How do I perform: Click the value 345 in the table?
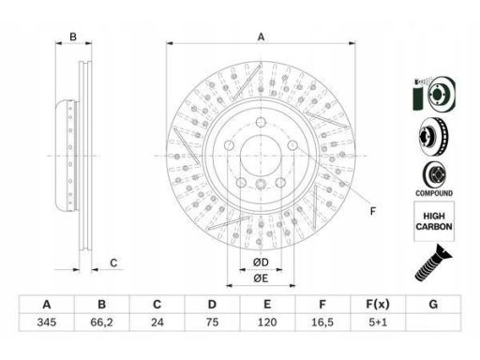(47, 322)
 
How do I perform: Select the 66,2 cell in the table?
(101, 322)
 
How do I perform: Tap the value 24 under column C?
(157, 322)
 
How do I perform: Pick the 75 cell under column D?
(212, 322)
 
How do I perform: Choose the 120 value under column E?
(267, 322)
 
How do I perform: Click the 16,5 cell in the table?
(322, 322)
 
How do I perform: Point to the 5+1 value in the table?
(378, 322)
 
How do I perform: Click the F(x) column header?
(378, 304)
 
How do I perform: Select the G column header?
(433, 304)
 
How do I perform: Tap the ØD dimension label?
(261, 262)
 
